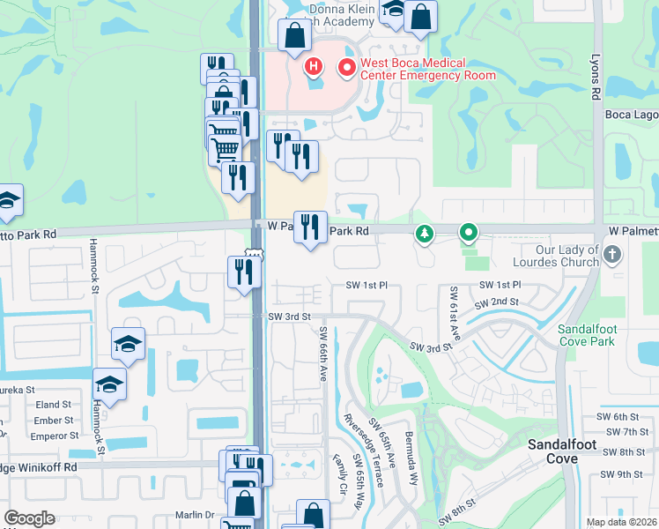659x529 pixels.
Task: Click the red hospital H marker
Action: point(313,66)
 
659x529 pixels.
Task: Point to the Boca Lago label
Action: point(631,115)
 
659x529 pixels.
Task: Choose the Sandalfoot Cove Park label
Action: point(600,335)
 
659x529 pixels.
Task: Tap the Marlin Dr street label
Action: point(195,515)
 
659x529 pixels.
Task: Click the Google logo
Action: point(29,518)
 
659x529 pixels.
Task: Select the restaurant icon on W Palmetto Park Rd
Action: point(310,227)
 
